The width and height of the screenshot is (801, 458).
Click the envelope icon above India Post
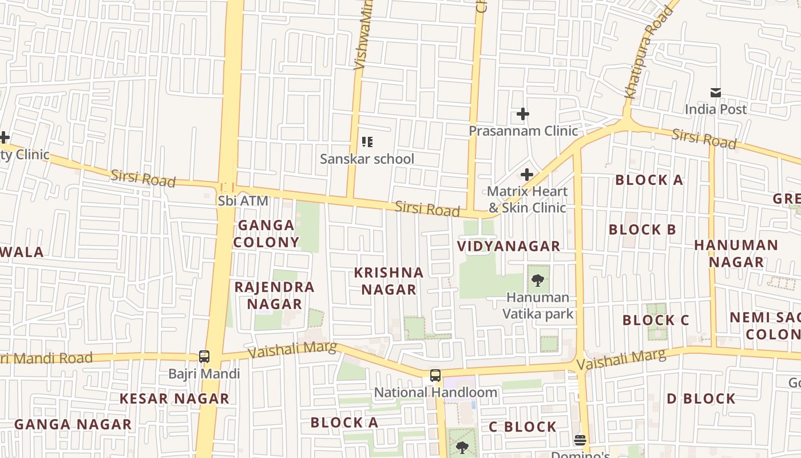715,93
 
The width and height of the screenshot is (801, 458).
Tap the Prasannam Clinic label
523,131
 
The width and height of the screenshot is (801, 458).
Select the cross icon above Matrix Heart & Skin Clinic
527,175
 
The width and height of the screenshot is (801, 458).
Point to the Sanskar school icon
367,141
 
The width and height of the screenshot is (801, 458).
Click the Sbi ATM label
243,201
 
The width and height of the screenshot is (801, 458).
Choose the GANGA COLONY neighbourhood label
266,234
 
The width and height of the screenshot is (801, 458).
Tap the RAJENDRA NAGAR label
275,295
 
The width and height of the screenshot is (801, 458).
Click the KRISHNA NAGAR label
389,281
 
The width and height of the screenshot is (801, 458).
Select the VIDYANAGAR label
509,246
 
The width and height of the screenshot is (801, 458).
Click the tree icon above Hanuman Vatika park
537,280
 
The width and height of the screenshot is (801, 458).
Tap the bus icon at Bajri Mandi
204,357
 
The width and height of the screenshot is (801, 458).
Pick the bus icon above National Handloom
435,376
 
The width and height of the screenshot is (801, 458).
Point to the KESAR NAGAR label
174,398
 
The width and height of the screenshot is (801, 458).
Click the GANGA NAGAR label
73,424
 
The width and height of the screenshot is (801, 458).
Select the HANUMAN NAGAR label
736,254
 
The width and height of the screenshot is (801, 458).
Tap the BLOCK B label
643,230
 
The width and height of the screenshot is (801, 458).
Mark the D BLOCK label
701,398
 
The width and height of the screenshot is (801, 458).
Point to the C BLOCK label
522,427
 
